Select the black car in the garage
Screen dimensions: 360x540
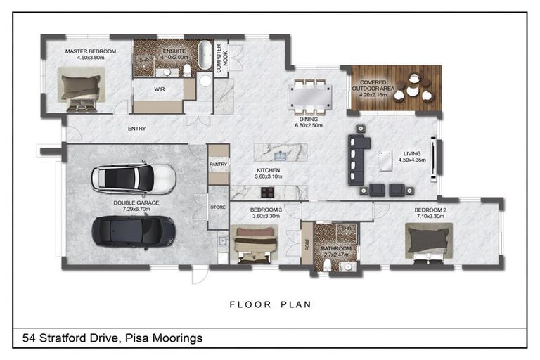tap(133, 230)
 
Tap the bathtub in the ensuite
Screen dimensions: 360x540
tap(205, 55)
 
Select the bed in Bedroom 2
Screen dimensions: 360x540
tap(427, 241)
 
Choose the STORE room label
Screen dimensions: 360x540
tap(218, 207)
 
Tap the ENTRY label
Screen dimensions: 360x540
tap(137, 129)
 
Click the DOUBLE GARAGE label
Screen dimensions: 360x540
tap(136, 203)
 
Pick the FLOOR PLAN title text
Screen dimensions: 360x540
tap(270, 304)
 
